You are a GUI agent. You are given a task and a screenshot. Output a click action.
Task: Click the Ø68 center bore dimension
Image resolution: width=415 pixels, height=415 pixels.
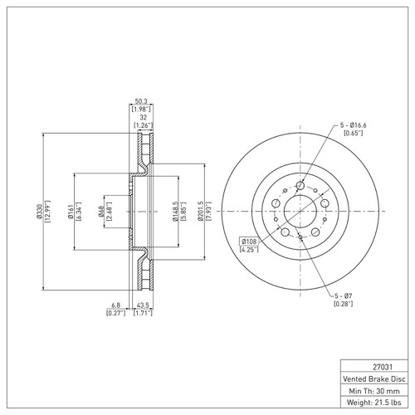100,213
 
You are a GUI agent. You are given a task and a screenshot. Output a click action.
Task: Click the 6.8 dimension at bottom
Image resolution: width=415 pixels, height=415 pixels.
114,305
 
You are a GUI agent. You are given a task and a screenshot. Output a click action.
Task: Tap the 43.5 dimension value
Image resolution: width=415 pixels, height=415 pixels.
143,305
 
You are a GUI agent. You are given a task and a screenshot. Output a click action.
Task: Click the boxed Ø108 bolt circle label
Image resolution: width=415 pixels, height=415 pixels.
249,240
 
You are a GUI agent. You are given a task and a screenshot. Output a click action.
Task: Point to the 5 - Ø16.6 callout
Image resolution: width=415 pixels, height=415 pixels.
353,124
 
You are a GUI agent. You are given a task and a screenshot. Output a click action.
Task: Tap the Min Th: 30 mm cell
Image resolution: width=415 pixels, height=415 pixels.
376,390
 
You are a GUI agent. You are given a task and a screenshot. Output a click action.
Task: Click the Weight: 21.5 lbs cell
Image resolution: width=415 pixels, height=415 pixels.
376,403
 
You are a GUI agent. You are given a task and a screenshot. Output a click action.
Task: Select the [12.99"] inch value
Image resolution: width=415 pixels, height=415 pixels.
49,213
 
